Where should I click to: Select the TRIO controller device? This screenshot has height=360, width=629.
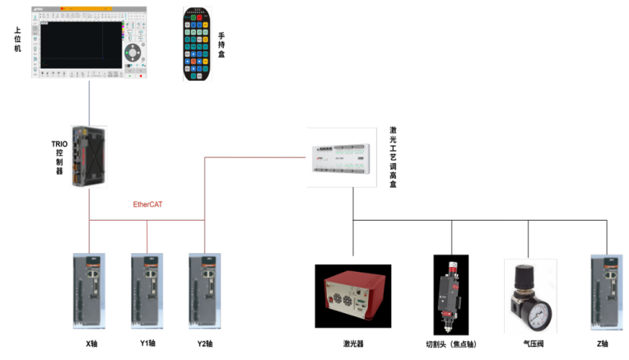coord(89,157)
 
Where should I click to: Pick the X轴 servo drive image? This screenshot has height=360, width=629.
coord(91,292)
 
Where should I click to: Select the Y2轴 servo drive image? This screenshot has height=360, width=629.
coord(205,292)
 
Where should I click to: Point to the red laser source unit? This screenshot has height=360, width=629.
coord(352,296)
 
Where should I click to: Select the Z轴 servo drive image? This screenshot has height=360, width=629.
coord(608,292)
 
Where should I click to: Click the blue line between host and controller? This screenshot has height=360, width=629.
coord(89,103)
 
